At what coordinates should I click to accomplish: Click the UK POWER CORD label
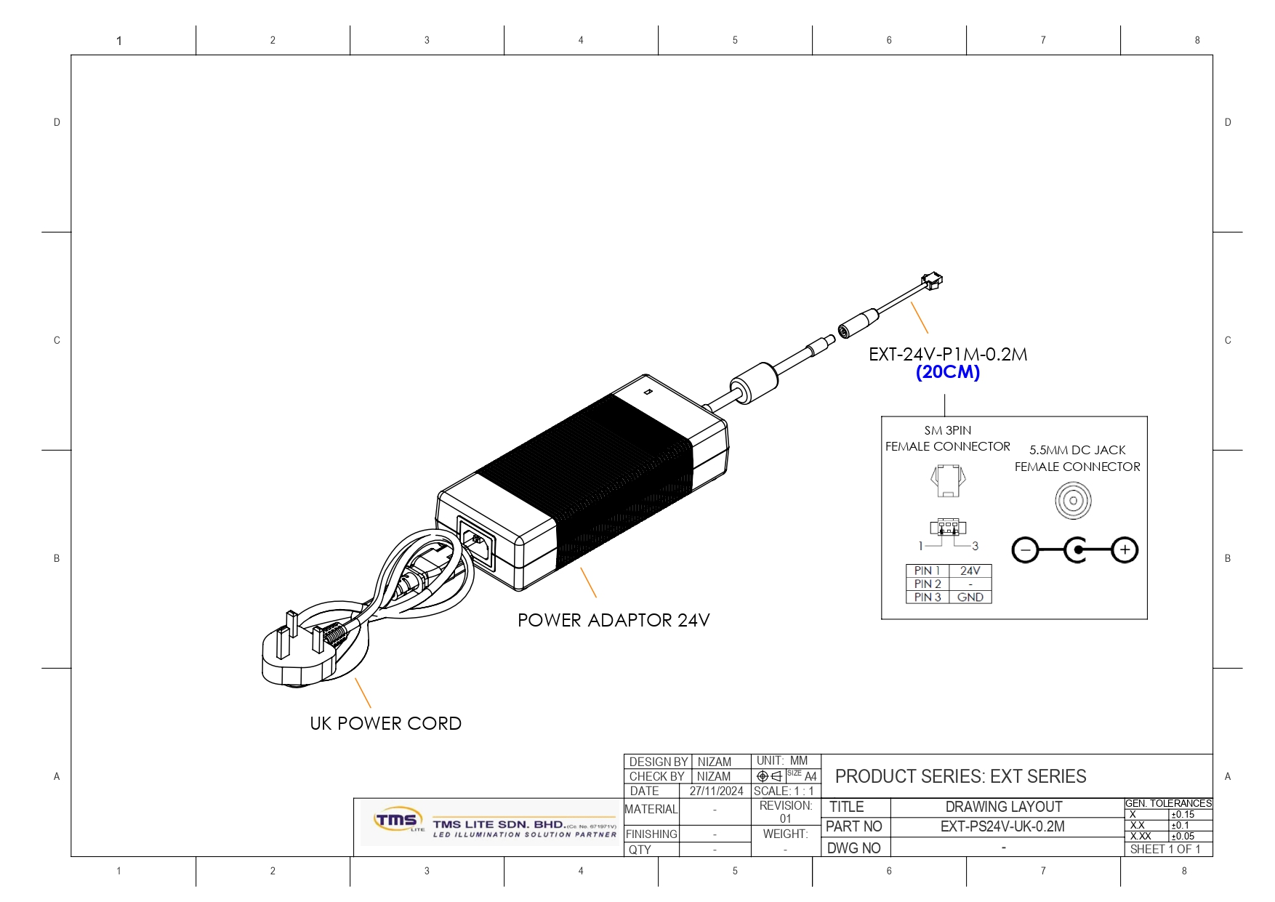coord(385,723)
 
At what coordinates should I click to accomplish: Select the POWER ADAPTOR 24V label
coord(614,620)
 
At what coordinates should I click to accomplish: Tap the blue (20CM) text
coord(948,372)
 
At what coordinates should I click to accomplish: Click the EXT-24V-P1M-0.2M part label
coord(948,354)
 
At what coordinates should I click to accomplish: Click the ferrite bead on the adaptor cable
coord(754,382)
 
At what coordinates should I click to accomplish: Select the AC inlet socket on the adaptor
coord(476,541)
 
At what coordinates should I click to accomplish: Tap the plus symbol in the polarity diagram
coord(1125,549)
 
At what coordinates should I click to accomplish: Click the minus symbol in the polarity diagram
coord(1025,550)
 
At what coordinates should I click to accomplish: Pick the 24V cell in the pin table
coord(970,571)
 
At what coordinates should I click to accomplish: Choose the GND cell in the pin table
coord(970,597)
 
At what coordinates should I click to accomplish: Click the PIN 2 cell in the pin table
coord(928,584)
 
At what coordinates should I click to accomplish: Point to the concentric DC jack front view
coord(1073,501)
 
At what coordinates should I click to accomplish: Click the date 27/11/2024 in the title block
coord(716,791)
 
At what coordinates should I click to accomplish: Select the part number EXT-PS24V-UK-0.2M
coord(1002,826)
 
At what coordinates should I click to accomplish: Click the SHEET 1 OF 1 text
coord(1165,849)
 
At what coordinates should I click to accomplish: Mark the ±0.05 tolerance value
coord(1183,837)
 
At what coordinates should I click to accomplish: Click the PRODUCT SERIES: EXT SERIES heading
coord(960,776)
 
